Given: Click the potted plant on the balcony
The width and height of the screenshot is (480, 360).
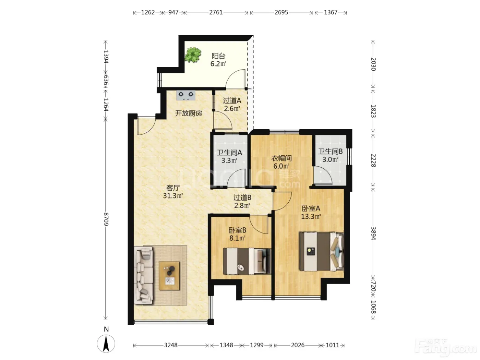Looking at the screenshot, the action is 193,55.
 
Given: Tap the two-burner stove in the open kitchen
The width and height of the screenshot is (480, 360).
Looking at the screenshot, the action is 186,95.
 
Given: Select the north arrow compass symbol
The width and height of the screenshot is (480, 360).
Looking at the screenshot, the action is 106,344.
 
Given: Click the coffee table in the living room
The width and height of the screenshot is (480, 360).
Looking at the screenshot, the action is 169,276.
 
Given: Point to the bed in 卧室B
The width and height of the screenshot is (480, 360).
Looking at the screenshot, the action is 247,261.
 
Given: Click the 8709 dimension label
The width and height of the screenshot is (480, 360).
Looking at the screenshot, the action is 106,219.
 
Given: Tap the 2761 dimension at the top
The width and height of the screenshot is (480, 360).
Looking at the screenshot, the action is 216,12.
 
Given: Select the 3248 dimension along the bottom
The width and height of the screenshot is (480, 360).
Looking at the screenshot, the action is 171,345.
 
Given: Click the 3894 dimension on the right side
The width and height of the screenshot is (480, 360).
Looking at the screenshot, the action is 373,233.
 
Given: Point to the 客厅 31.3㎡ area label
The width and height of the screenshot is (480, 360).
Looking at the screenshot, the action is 173,192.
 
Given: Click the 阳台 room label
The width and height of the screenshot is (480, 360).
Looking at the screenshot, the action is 218,56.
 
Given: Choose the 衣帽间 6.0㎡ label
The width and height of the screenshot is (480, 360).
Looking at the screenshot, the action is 281,162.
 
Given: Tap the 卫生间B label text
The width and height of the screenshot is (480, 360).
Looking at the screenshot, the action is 330,151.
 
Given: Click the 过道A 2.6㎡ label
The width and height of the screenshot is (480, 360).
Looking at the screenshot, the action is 232,105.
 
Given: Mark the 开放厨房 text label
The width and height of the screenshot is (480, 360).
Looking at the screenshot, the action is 189,113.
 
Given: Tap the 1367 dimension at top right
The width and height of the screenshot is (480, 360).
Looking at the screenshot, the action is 331,12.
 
